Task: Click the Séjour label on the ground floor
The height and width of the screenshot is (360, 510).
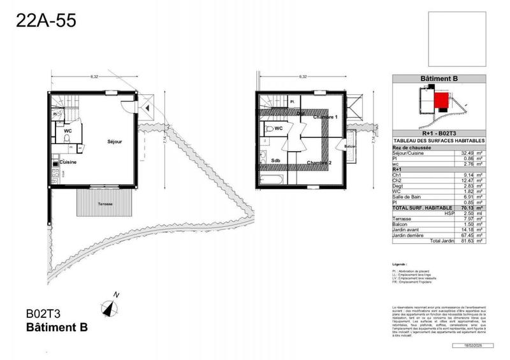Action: click(115, 141)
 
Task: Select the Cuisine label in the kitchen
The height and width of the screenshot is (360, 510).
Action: click(69, 162)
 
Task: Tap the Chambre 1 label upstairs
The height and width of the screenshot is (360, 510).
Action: click(324, 118)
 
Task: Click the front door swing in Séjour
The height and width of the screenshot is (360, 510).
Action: click(130, 104)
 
